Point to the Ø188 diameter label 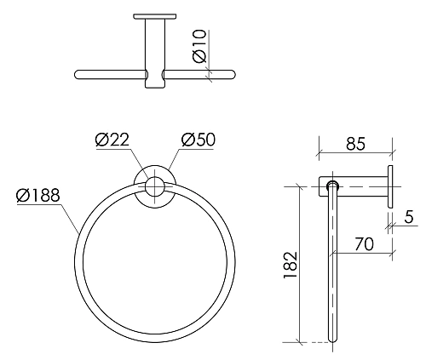(x=38, y=197)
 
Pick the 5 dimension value (x=409, y=217)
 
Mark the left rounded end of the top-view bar (x=79, y=74)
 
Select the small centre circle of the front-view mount (x=155, y=186)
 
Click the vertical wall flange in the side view (x=391, y=188)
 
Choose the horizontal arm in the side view (x=362, y=185)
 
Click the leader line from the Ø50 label (x=174, y=160)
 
